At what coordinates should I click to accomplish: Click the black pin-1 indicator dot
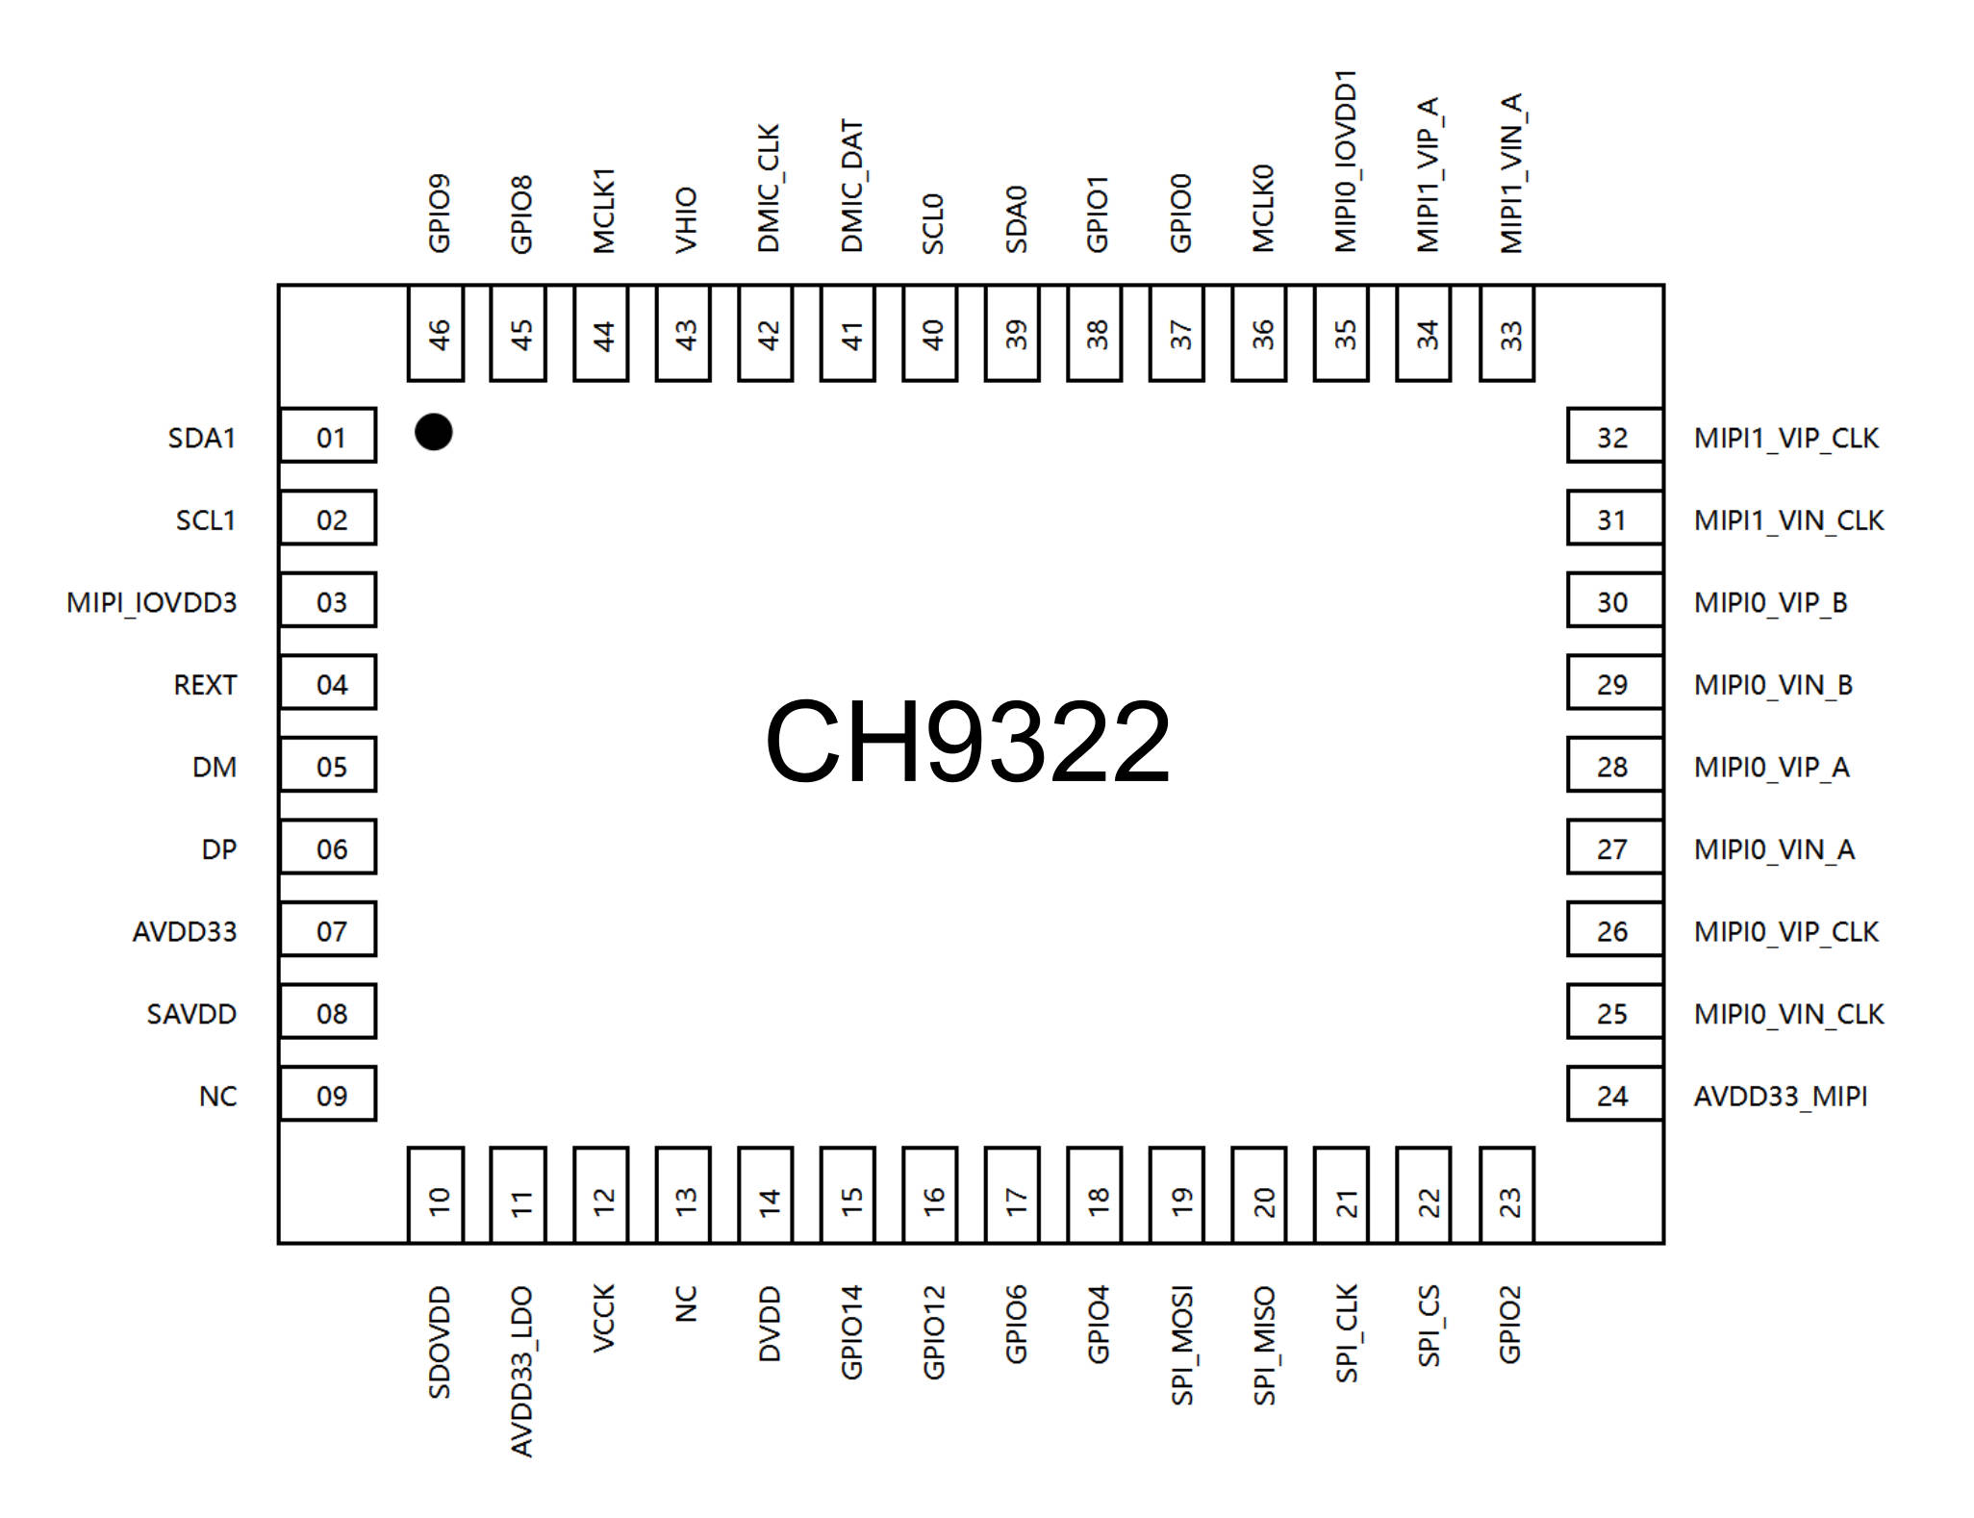tap(433, 432)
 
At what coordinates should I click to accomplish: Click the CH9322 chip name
tap(968, 742)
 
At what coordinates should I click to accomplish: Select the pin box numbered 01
tap(328, 436)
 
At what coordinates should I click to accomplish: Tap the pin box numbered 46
tap(436, 333)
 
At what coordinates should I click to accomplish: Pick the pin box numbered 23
tap(1506, 1195)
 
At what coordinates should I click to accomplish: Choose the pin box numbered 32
tap(1615, 436)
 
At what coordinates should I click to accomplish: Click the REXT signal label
tap(205, 685)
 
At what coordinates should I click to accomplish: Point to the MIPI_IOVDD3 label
tap(151, 603)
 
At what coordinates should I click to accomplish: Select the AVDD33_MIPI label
tap(1781, 1097)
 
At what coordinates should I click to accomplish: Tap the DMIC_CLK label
tap(768, 188)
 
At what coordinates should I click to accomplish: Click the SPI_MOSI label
tap(1181, 1345)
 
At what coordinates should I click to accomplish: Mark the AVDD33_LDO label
tap(521, 1372)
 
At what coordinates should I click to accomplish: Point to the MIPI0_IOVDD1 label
tap(1345, 161)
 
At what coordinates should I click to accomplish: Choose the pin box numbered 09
tap(328, 1094)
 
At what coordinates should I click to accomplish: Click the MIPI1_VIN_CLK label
tap(1788, 520)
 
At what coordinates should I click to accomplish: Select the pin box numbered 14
tap(766, 1195)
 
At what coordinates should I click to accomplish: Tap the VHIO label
tap(685, 220)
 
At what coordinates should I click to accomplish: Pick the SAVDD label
tap(191, 1014)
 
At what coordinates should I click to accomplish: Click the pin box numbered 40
tap(930, 333)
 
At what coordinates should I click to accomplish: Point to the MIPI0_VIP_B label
tap(1770, 603)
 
